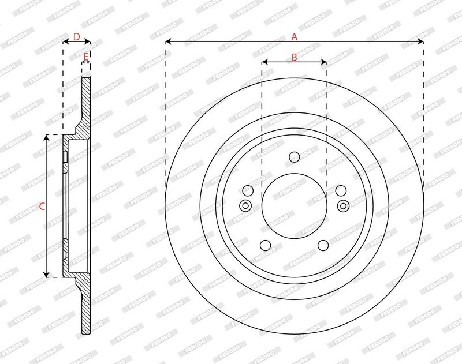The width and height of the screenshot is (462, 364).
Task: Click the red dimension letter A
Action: pos(294,37)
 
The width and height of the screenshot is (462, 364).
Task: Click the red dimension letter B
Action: pos(294,57)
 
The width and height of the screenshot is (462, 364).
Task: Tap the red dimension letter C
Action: pos(42,207)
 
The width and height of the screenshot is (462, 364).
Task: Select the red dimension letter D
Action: pos(77,37)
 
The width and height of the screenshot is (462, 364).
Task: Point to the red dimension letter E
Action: pos(85,56)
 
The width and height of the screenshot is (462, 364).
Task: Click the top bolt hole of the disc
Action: pos(295,157)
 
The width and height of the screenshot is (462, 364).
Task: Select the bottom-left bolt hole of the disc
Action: pos(266,245)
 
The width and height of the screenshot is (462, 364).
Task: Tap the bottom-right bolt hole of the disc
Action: pos(323,245)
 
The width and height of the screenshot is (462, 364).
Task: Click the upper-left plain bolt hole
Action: pos(248,191)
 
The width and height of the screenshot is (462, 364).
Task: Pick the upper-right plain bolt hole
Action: pos(341,191)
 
